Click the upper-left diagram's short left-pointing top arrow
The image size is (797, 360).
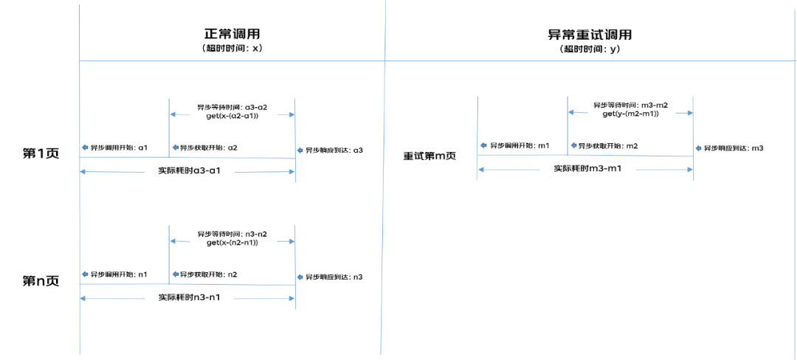pos(180,114)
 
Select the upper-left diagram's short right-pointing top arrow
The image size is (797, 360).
pos(286,114)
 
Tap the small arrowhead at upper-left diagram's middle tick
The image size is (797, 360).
pos(175,148)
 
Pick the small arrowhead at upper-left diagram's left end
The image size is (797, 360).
pos(85,148)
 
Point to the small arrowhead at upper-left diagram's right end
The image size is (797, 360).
pos(300,150)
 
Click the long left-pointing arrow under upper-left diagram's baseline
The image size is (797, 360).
pos(112,172)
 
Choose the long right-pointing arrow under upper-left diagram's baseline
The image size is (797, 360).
pos(265,172)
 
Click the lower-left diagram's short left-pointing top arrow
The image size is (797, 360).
pos(180,241)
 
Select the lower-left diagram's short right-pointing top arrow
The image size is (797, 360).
pos(286,241)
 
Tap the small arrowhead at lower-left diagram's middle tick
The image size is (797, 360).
pos(175,274)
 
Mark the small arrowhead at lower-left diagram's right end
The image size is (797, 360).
pos(300,277)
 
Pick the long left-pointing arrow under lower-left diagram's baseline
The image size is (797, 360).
pos(112,299)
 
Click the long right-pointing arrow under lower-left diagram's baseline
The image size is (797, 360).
pos(264,299)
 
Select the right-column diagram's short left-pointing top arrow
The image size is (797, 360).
pos(578,112)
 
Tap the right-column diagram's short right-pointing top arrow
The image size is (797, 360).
pos(684,113)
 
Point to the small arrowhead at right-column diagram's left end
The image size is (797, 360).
pos(483,145)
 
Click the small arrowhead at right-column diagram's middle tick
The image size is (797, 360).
pos(573,145)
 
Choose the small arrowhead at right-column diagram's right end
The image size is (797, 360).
pos(698,148)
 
